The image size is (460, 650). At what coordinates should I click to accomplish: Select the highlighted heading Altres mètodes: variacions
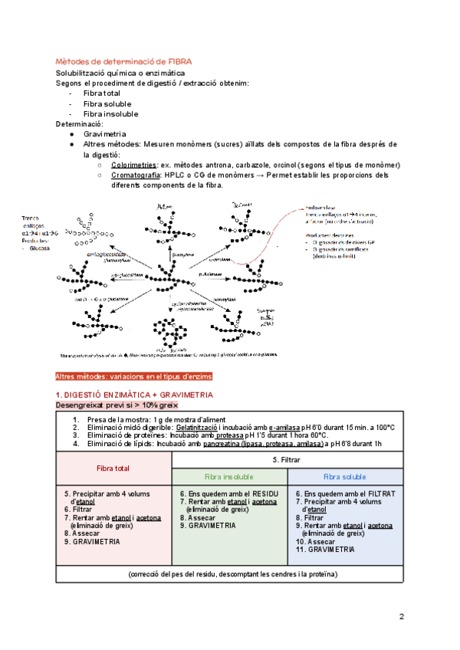pyautogui.click(x=135, y=377)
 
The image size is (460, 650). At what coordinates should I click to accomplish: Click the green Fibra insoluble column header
pyautogui.click(x=229, y=476)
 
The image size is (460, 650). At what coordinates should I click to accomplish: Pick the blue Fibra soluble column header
pyautogui.click(x=345, y=476)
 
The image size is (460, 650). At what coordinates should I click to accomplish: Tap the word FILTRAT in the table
pyautogui.click(x=378, y=494)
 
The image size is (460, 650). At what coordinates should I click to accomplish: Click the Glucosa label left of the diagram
pyautogui.click(x=38, y=248)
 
